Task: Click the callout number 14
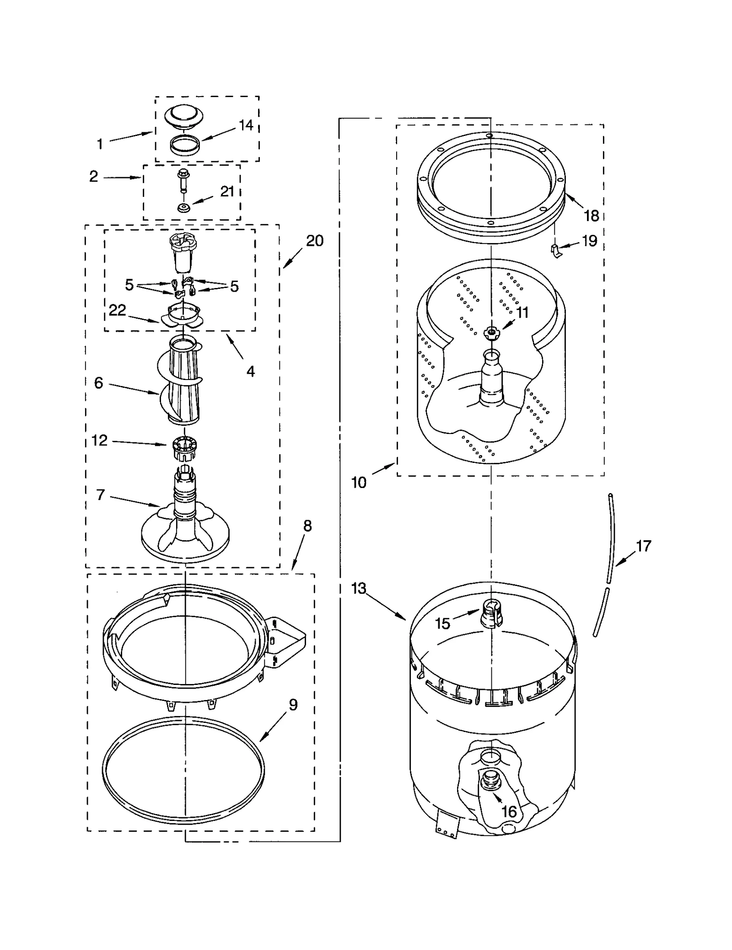[246, 125]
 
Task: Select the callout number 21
[227, 192]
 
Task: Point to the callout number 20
[314, 241]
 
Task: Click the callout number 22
[117, 310]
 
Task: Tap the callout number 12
[99, 440]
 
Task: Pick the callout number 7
[100, 495]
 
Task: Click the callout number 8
[307, 526]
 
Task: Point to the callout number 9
[293, 705]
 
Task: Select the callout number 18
[591, 216]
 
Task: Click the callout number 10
[359, 482]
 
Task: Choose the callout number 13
[359, 588]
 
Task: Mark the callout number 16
[509, 812]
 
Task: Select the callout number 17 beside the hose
[643, 546]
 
